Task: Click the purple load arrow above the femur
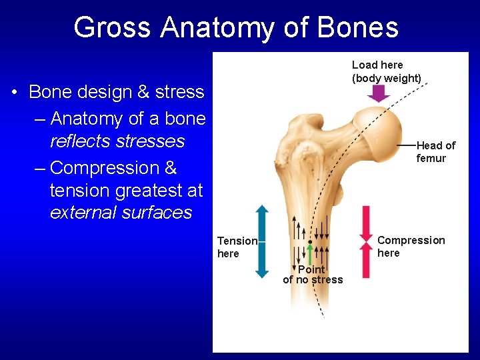pyautogui.click(x=379, y=93)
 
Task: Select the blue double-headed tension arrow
pyautogui.click(x=262, y=241)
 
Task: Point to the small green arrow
pyautogui.click(x=310, y=254)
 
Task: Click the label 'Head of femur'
pyautogui.click(x=435, y=152)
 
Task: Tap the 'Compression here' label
pyautogui.click(x=411, y=246)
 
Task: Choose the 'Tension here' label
pyautogui.click(x=237, y=247)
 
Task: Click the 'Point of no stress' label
pyautogui.click(x=312, y=275)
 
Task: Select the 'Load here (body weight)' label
pyautogui.click(x=387, y=71)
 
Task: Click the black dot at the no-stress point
pyautogui.click(x=310, y=241)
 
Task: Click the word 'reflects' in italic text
pyautogui.click(x=82, y=141)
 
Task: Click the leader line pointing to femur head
pyautogui.click(x=406, y=145)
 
